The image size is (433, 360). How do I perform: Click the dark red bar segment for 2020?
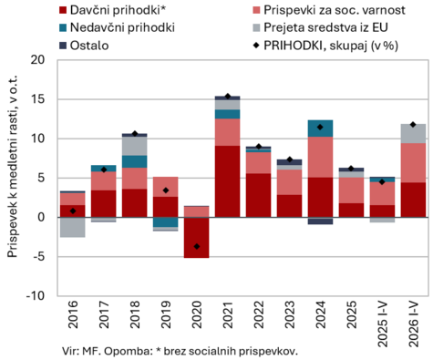(x=197, y=238)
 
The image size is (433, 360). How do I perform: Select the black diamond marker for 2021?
(x=228, y=97)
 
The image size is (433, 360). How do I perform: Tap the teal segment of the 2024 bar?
(x=320, y=129)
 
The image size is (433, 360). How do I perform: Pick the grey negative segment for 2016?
(x=73, y=227)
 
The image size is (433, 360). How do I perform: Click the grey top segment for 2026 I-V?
(x=413, y=134)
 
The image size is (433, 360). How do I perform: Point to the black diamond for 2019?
(x=166, y=190)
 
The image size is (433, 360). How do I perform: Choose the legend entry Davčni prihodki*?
(x=112, y=10)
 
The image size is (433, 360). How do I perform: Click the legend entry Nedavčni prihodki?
(x=117, y=27)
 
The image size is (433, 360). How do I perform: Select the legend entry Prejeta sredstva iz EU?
(x=320, y=27)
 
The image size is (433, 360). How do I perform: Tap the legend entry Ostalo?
(x=84, y=46)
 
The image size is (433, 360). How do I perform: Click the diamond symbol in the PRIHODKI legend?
(x=256, y=46)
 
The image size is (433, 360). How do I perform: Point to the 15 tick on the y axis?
(x=38, y=99)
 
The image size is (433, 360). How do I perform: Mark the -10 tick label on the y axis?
(x=36, y=295)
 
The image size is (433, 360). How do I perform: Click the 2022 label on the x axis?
(x=259, y=314)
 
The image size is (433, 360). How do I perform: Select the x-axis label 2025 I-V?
(x=382, y=324)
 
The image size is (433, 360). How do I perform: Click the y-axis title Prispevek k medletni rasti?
(x=13, y=167)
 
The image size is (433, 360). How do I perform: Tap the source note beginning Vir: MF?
(x=180, y=351)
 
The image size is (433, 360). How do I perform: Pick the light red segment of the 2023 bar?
(x=289, y=182)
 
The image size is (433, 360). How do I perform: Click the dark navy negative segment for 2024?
(x=320, y=221)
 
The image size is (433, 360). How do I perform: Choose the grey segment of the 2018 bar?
(x=135, y=146)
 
